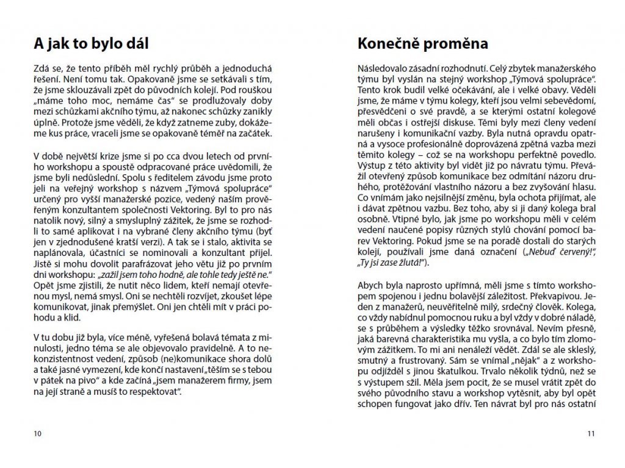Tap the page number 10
pos(38,434)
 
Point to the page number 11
pos(590,434)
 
